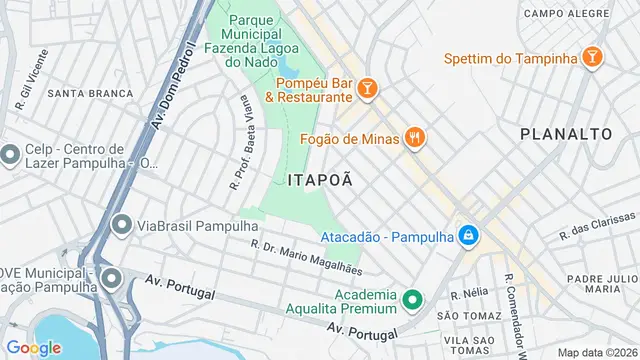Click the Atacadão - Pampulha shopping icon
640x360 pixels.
(467, 237)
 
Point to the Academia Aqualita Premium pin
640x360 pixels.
(410, 300)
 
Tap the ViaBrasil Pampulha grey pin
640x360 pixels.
(122, 225)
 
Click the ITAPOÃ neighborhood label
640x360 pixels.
(320, 180)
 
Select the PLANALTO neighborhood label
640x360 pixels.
(566, 133)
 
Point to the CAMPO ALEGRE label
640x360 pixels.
(566, 13)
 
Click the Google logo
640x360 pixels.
(33, 347)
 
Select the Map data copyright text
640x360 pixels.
(596, 352)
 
